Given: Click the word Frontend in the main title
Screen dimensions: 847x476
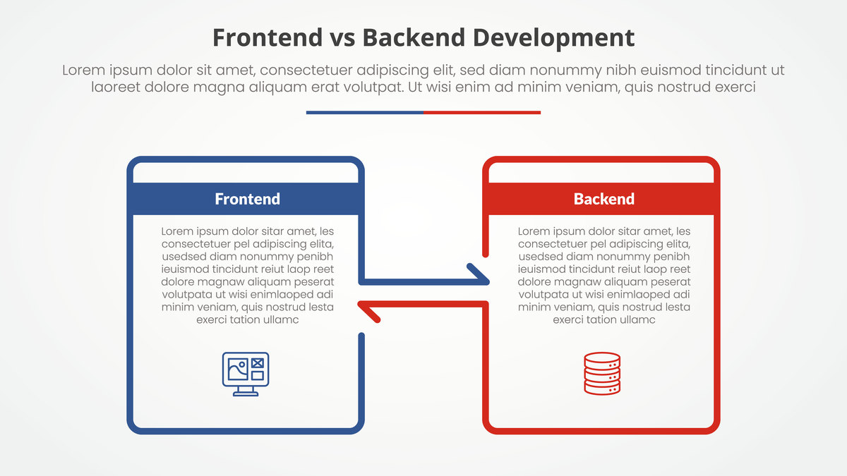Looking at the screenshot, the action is click(268, 37).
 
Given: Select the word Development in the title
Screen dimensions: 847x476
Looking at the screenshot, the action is click(553, 39).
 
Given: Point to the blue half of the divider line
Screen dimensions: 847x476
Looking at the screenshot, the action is click(365, 113).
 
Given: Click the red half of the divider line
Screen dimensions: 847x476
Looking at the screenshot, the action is click(482, 113).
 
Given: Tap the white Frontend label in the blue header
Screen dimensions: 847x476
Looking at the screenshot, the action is click(247, 199).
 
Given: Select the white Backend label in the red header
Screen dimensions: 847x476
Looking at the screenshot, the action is click(604, 199).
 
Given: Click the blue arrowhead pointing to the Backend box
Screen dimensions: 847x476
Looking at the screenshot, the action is click(479, 274).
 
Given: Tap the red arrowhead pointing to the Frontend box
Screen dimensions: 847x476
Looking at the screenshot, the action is click(368, 311).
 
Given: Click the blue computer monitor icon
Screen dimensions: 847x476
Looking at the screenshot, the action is click(246, 374).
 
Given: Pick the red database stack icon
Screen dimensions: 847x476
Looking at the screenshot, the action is click(602, 374).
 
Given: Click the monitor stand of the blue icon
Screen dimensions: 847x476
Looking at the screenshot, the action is click(246, 391).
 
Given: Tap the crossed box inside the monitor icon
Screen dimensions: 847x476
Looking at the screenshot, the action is click(258, 363).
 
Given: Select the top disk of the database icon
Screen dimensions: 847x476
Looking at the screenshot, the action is click(602, 358).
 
